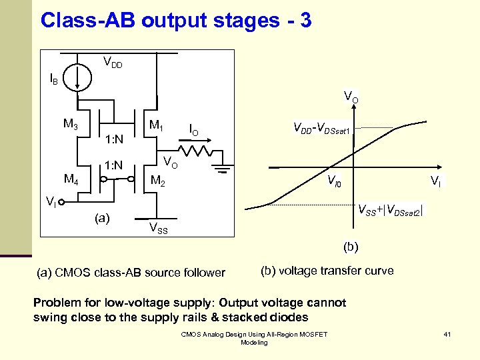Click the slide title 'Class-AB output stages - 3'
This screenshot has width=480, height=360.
(x=175, y=20)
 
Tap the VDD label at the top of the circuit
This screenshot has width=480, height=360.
(x=112, y=63)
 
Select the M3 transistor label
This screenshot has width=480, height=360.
(x=71, y=123)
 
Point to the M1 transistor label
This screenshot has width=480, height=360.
(x=157, y=125)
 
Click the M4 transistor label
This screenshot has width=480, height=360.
(x=71, y=178)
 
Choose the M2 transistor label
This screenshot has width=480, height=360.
(x=158, y=180)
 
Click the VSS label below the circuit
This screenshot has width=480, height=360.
(x=158, y=229)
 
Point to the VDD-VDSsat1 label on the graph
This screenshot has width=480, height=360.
(x=323, y=127)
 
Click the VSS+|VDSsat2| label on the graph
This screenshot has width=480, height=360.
(x=390, y=211)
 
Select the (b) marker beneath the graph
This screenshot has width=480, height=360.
(x=351, y=247)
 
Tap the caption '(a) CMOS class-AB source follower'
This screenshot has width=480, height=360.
(x=130, y=272)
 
